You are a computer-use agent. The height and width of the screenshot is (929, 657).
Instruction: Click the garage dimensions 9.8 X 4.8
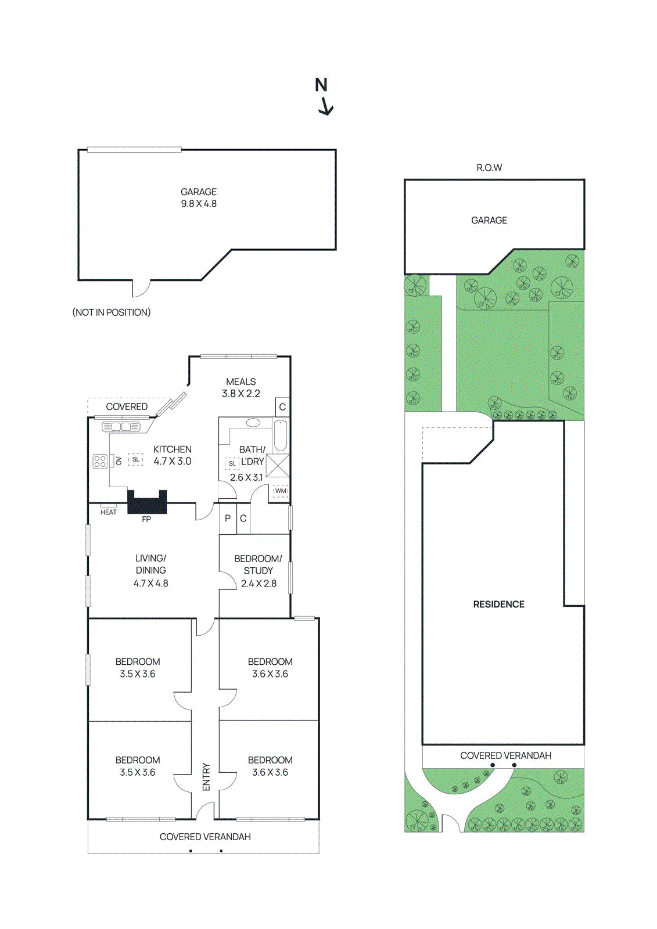(x=199, y=204)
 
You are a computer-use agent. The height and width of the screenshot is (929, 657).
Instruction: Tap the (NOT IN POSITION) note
(x=112, y=312)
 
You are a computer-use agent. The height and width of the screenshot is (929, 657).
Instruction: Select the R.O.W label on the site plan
(x=489, y=168)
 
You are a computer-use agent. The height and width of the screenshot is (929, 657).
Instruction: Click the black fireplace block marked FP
(x=147, y=502)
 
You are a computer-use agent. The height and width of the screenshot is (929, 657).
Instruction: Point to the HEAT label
(x=109, y=512)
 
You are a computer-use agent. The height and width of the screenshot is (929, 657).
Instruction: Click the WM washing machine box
(x=281, y=491)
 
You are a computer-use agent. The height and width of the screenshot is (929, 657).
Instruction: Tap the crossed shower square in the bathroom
(x=278, y=466)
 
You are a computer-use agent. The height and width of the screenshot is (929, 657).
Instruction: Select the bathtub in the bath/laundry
(x=281, y=436)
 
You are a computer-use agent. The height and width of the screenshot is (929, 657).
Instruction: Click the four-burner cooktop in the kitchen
(x=100, y=462)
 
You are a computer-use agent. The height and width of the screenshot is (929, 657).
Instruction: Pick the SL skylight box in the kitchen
(x=135, y=459)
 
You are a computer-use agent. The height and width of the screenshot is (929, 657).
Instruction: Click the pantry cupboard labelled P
(x=228, y=518)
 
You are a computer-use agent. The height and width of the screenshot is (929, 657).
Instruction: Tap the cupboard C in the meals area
(x=282, y=407)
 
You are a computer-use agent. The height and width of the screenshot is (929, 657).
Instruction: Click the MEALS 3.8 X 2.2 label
(x=240, y=387)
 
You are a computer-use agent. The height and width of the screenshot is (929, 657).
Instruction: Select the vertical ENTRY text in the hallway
(x=206, y=776)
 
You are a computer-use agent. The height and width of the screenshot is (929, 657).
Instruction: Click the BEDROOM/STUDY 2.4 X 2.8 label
(x=258, y=571)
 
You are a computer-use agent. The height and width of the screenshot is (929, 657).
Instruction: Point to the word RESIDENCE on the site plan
(x=498, y=604)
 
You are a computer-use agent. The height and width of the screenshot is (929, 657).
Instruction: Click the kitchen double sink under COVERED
(x=121, y=427)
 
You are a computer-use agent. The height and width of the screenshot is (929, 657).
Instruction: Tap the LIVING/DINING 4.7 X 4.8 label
(x=150, y=571)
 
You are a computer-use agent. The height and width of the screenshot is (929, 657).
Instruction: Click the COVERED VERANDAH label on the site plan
(x=505, y=755)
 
